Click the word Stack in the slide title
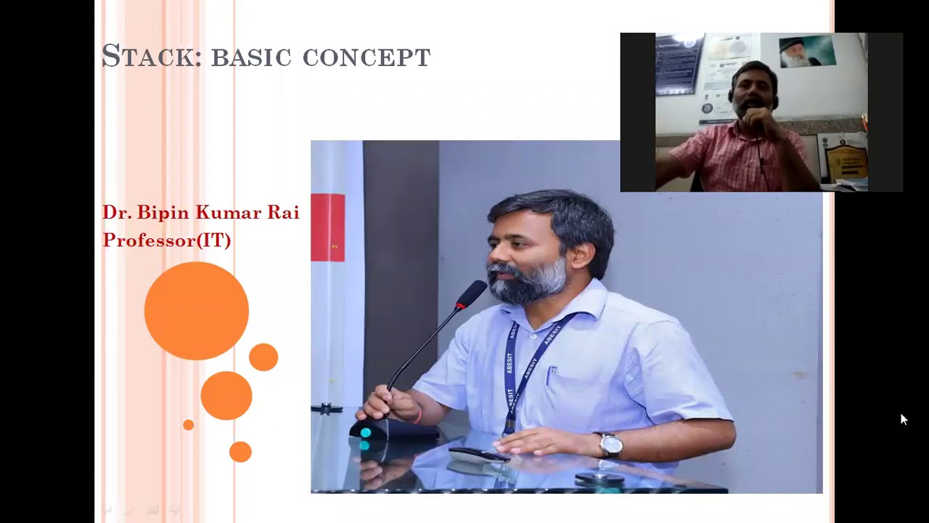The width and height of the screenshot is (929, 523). point(151,56)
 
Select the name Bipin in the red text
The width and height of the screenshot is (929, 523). point(163,213)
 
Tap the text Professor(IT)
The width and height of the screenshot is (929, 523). point(166,240)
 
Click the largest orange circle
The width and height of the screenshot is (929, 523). point(196,311)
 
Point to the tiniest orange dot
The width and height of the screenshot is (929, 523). point(188,425)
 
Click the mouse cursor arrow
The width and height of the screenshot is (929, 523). point(904,419)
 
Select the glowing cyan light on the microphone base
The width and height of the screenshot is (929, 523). point(365,433)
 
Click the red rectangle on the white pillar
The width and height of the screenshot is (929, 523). point(327,227)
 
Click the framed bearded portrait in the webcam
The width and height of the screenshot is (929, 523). point(807,51)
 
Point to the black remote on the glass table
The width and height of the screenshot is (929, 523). point(478,455)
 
